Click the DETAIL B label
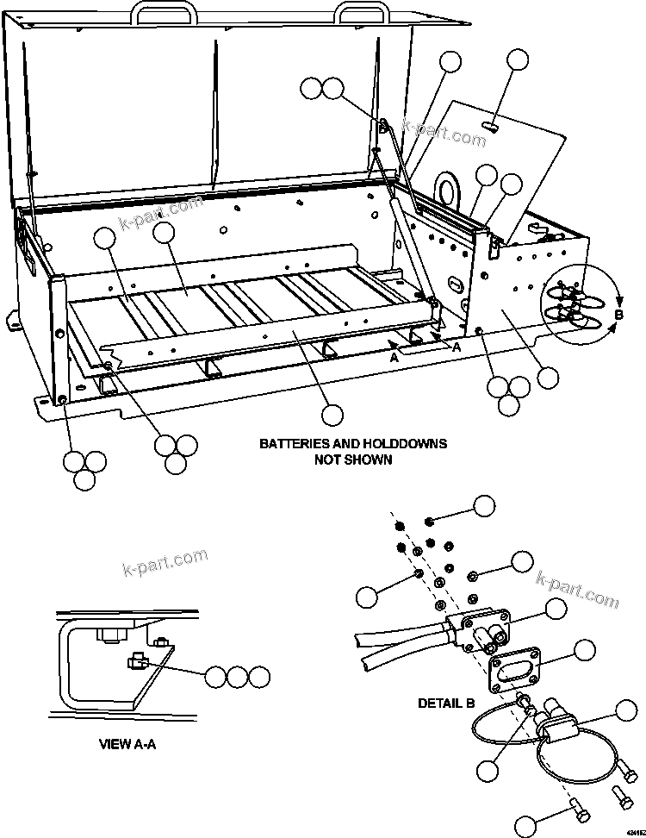click(446, 703)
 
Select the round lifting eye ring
click(448, 190)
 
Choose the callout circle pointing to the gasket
click(585, 651)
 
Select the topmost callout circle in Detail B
click(485, 505)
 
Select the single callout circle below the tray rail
click(331, 416)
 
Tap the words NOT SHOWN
click(353, 460)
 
